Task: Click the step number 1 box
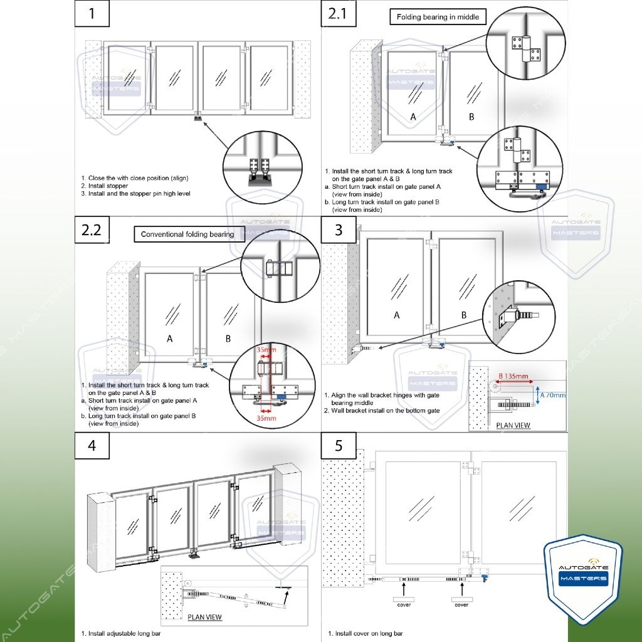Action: point(92,14)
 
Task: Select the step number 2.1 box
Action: point(338,14)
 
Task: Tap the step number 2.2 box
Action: point(92,229)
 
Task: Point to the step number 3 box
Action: point(338,229)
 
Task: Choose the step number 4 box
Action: point(92,446)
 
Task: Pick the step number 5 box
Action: point(338,446)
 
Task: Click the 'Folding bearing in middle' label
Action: point(438,17)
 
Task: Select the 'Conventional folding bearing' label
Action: point(187,234)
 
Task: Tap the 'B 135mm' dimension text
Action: point(513,376)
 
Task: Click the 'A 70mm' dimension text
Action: point(553,395)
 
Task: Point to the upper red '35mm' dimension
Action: point(266,350)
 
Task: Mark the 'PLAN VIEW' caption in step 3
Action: point(513,426)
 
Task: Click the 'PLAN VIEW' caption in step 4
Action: point(204,617)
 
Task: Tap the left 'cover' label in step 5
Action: point(404,604)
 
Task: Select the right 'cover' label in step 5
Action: point(461,604)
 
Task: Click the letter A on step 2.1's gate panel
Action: point(413,117)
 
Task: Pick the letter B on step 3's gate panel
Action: point(464,315)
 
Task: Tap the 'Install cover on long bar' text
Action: point(366,633)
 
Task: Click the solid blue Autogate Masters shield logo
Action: point(583,579)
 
